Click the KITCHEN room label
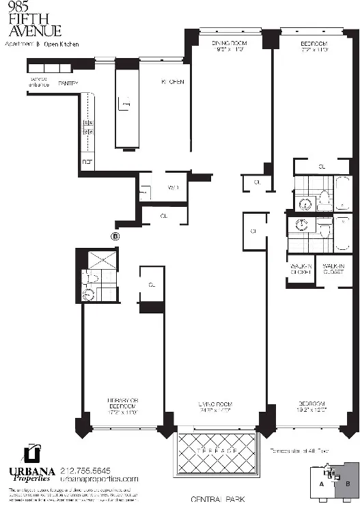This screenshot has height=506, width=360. coord(172,82)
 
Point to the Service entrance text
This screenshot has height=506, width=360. coord(38,82)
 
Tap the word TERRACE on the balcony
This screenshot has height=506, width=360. coord(218,451)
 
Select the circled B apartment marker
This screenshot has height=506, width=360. coord(115,236)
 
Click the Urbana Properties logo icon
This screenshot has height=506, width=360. coord(30,453)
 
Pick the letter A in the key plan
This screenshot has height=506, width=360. coord(320,485)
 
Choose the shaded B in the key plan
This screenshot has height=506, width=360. coord(346,485)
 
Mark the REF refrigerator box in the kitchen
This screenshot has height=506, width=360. coord(87,162)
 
